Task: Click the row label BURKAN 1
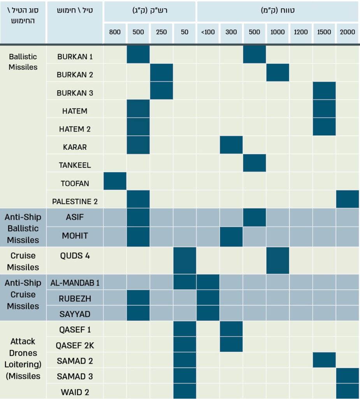point(75,56)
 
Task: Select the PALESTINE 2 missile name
point(75,201)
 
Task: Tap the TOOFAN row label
point(75,183)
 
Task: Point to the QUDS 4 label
point(75,256)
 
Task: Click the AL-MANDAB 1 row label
point(75,283)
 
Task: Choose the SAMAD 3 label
point(75,376)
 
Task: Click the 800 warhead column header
point(115,32)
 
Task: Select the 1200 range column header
point(301,32)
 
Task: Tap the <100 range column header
point(208,32)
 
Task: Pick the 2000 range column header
point(348,32)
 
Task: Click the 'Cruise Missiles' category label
point(23,261)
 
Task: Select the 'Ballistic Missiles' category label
point(23,62)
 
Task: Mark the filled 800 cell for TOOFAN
point(115,181)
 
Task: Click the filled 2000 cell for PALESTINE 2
point(348,199)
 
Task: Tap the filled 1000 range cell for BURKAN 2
point(277,72)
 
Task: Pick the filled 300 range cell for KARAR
point(231,145)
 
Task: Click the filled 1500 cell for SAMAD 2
point(324,360)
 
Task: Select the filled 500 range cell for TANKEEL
point(255,163)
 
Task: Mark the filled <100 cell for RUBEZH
point(208,297)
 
